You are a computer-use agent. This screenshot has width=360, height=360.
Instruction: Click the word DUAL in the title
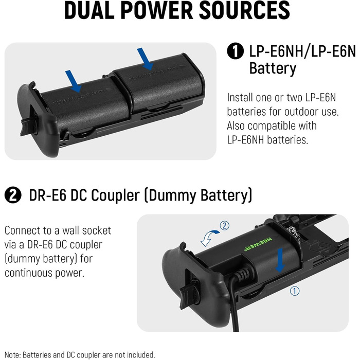click(89, 10)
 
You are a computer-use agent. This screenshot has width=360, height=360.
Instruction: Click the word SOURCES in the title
click(244, 10)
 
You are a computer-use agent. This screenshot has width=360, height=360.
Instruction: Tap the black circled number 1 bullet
click(236, 51)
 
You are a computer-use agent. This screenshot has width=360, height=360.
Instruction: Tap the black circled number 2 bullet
click(13, 195)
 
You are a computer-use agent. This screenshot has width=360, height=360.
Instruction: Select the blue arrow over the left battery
click(74, 81)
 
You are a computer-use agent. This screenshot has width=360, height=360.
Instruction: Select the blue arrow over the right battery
click(146, 59)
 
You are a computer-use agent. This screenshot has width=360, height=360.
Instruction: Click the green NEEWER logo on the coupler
click(258, 244)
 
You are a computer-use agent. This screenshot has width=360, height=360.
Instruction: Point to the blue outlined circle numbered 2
click(225, 225)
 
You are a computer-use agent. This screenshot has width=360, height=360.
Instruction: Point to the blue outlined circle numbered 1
click(295, 291)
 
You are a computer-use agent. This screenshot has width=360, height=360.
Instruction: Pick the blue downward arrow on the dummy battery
click(280, 261)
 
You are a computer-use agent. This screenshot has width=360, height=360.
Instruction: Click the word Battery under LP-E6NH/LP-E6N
click(273, 68)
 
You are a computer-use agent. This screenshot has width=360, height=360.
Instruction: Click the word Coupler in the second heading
click(115, 195)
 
